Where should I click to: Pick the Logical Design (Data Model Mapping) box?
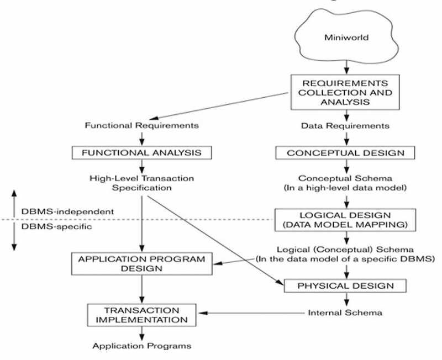coord(345,220)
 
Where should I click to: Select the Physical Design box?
coord(345,285)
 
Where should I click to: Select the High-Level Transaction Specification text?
coord(142,183)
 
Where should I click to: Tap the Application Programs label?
coord(142,346)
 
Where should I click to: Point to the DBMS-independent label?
coord(67,211)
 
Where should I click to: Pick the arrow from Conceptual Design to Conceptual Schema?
coord(345,166)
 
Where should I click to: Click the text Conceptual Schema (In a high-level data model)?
coord(345,183)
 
